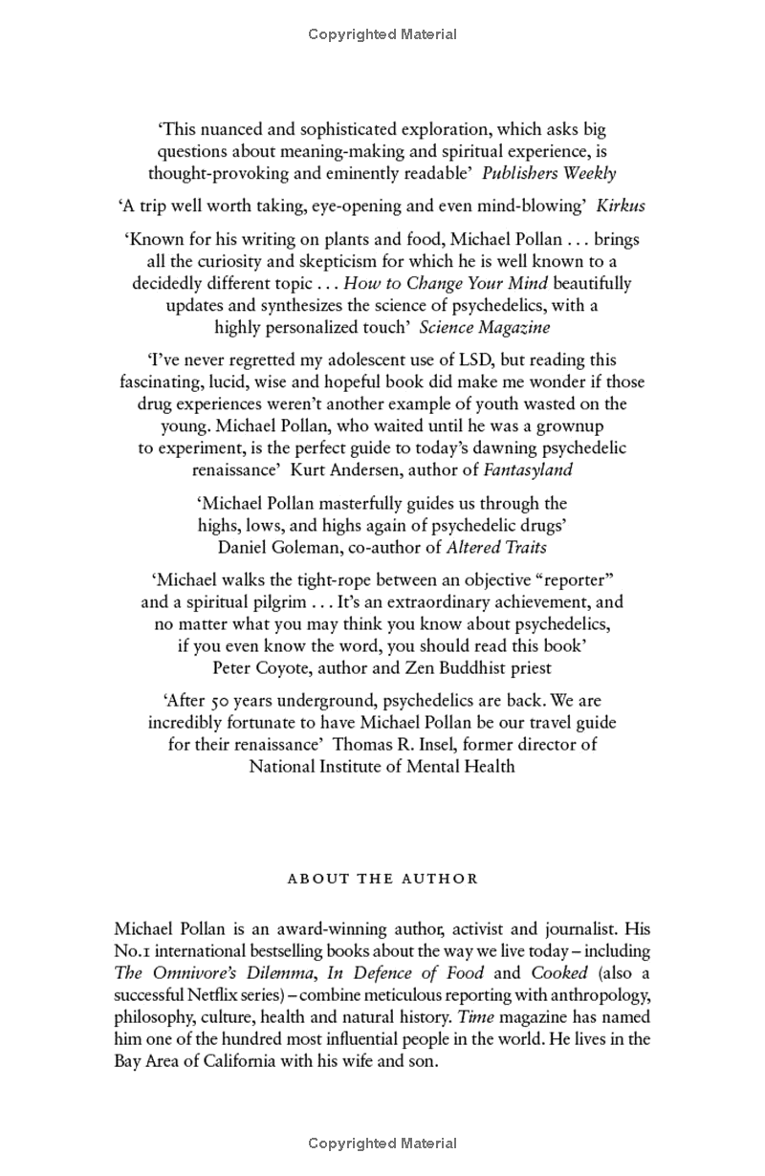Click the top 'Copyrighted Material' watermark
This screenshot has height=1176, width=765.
point(382,34)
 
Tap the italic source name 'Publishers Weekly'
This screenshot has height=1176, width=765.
point(549,173)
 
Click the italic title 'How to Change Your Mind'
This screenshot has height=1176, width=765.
point(446,283)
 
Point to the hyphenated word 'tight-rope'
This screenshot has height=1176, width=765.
point(294,579)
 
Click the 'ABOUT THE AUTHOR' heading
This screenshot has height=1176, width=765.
point(382,879)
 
